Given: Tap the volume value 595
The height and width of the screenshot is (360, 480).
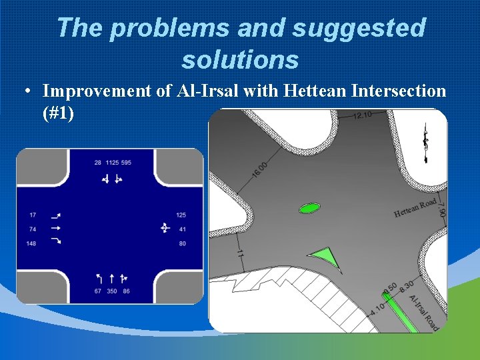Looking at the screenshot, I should point(127,163).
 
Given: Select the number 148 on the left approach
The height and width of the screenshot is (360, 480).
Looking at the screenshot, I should point(32,243).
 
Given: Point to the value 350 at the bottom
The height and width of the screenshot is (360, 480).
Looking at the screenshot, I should point(111,292).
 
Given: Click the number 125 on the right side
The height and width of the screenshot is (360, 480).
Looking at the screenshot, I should point(181,215).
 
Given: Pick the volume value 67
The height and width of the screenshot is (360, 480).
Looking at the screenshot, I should point(97,292).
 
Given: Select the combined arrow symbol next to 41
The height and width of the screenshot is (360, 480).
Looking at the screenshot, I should point(165,229).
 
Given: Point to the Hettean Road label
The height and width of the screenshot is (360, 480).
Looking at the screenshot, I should point(415,208).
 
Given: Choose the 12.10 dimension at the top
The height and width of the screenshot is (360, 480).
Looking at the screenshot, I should point(362,116).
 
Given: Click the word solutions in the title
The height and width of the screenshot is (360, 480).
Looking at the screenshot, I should point(240,60).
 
